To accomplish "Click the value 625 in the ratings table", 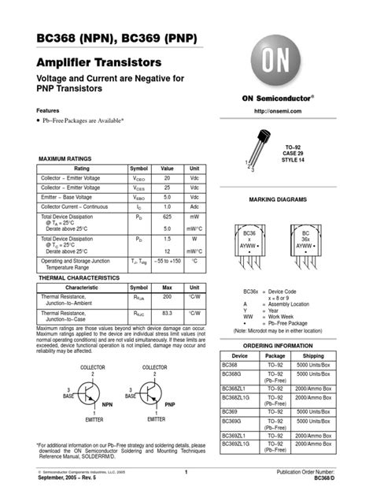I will tap(167, 215).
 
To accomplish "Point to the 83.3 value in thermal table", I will tap(167, 313).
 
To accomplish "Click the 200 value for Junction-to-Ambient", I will tap(167, 296).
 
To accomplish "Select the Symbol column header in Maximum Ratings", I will tap(138, 169).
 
